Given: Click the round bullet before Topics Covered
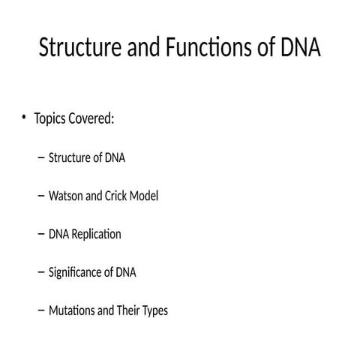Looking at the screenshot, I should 25,118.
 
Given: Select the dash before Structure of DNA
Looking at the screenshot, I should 40,157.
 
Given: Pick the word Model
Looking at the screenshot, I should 145,196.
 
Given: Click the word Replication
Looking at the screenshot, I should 96,234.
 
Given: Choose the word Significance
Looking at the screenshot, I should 76,272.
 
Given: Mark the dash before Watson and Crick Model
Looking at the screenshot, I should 40,196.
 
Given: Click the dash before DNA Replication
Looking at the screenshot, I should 40,234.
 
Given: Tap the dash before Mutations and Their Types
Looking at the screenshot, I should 40,310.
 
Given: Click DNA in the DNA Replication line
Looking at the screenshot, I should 58,234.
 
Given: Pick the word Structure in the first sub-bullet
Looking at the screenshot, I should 69,157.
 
